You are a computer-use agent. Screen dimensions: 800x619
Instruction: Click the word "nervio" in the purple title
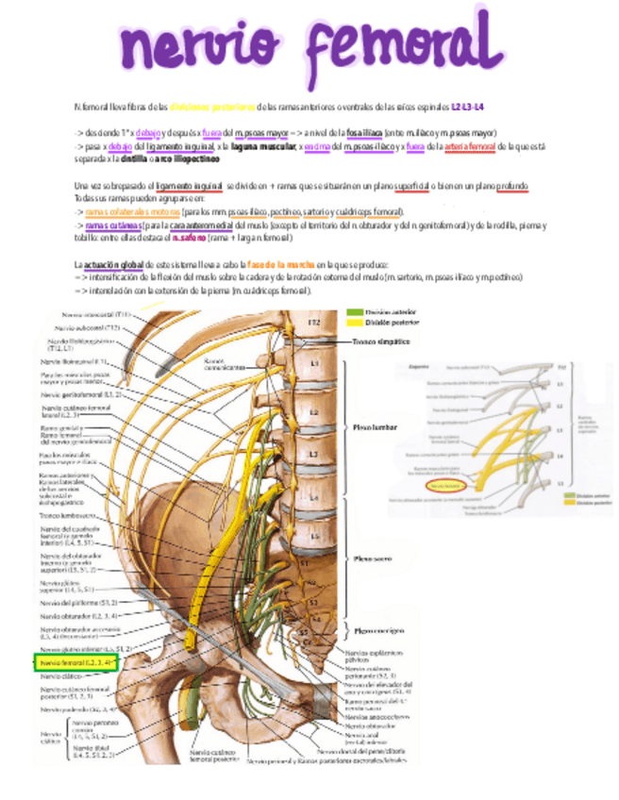[201, 45]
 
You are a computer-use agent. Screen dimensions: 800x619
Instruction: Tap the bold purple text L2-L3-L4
[468, 107]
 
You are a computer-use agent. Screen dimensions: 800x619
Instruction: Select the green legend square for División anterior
[354, 312]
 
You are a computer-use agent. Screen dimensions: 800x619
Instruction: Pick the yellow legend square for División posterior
[354, 322]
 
